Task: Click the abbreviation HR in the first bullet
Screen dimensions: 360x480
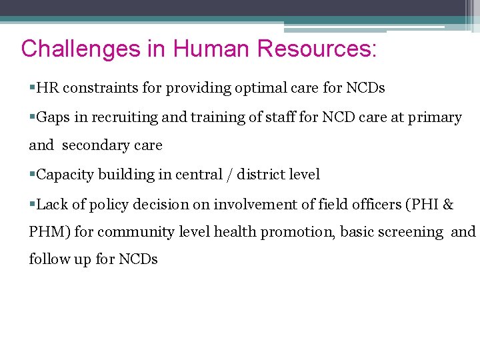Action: click(47, 88)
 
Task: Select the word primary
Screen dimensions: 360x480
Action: click(434, 118)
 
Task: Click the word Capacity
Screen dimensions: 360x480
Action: click(65, 175)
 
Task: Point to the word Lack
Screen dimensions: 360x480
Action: click(52, 205)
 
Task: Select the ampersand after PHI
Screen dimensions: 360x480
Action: click(448, 205)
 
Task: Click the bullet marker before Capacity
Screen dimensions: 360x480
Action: click(33, 175)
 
